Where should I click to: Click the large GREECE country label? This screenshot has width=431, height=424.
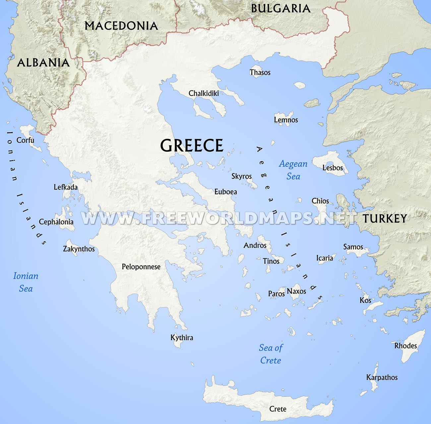click(x=192, y=146)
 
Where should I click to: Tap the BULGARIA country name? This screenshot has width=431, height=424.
click(x=280, y=9)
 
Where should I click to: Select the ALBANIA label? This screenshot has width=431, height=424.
click(x=43, y=63)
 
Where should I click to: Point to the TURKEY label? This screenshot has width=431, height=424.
click(x=385, y=219)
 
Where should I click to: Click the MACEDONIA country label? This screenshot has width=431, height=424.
click(x=121, y=26)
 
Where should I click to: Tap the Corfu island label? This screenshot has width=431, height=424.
click(x=25, y=140)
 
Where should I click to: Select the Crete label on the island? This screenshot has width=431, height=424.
click(x=277, y=409)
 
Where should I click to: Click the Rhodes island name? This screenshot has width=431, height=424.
click(x=405, y=346)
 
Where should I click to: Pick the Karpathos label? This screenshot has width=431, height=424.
click(x=382, y=378)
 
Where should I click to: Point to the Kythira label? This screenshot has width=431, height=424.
click(x=182, y=338)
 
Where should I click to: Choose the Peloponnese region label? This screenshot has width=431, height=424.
click(x=141, y=267)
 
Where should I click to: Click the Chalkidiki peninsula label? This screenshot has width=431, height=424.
click(x=204, y=94)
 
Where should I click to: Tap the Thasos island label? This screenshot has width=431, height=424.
click(x=260, y=73)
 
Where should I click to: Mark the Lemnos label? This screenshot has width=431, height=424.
click(x=286, y=120)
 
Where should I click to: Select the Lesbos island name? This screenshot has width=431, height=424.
click(x=333, y=168)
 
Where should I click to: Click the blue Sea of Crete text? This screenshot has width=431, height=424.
click(x=271, y=354)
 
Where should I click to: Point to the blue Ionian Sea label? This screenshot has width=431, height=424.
click(x=26, y=282)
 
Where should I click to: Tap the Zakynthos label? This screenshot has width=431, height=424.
click(x=79, y=249)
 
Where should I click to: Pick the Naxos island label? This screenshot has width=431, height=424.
click(x=296, y=291)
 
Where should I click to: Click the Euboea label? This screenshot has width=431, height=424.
click(x=225, y=192)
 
